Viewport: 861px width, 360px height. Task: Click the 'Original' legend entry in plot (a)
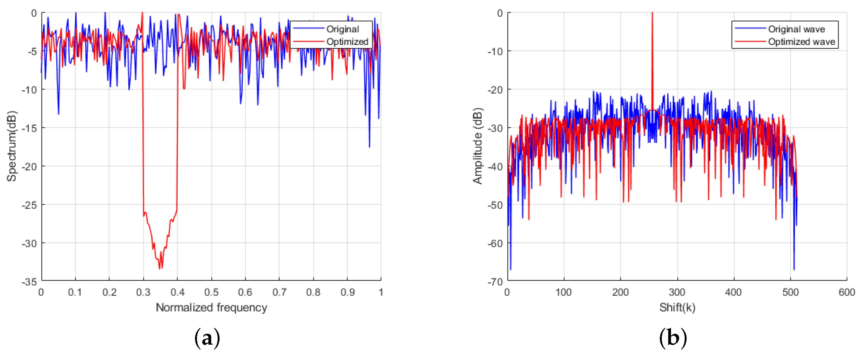[x=342, y=29]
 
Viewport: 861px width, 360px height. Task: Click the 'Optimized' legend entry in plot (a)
[x=347, y=42]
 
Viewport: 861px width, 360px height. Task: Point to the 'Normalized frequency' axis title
[x=211, y=307]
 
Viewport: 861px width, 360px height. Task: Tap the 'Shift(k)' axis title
[x=677, y=307]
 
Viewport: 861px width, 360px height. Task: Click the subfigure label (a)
[x=207, y=338]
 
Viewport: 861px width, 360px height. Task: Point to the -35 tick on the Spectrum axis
[x=29, y=282]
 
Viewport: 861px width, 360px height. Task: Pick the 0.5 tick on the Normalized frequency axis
[x=211, y=292]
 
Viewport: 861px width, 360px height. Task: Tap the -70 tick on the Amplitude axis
[x=495, y=282]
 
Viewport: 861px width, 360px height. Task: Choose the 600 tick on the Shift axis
[x=846, y=292]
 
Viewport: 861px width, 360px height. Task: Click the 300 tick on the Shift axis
[x=677, y=292]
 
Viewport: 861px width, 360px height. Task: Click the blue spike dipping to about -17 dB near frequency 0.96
[x=369, y=147]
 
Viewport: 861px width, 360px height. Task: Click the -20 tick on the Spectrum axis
[x=29, y=166]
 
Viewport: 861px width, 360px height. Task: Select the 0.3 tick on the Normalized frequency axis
[x=143, y=292]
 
